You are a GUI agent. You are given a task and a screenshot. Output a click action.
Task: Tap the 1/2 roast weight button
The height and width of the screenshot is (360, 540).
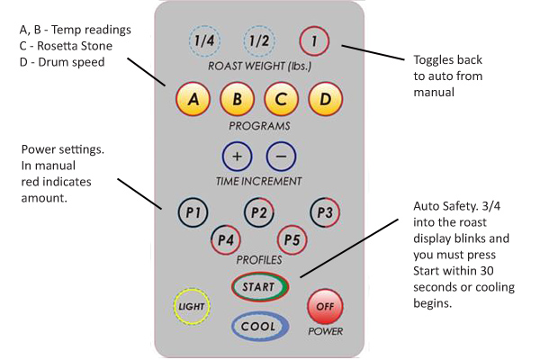pyautogui.click(x=259, y=41)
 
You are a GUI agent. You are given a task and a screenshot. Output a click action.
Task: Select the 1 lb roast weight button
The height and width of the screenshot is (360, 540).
pyautogui.click(x=314, y=41)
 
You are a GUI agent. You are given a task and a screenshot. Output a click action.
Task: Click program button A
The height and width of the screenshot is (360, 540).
pyautogui.click(x=193, y=99)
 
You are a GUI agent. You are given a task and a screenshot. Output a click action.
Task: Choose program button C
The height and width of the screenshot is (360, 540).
pyautogui.click(x=281, y=99)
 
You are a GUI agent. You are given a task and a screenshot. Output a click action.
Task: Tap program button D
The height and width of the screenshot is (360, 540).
pyautogui.click(x=326, y=99)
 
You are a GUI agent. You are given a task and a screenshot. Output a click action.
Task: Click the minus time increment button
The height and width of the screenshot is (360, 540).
pyautogui.click(x=281, y=157)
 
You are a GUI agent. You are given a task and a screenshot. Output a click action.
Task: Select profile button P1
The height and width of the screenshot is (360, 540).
pyautogui.click(x=193, y=212)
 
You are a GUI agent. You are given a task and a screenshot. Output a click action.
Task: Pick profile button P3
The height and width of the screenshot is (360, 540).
pyautogui.click(x=325, y=212)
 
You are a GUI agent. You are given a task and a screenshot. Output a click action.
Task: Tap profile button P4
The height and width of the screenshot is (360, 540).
pyautogui.click(x=226, y=239)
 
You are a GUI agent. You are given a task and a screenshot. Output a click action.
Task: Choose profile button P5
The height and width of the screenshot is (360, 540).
pyautogui.click(x=292, y=239)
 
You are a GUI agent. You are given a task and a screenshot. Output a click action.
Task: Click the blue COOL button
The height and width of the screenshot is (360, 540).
pyautogui.click(x=259, y=326)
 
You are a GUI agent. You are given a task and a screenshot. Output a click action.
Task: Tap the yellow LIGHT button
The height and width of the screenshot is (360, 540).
pyautogui.click(x=192, y=306)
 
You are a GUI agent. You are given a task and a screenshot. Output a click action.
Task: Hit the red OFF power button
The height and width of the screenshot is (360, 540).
pyautogui.click(x=325, y=306)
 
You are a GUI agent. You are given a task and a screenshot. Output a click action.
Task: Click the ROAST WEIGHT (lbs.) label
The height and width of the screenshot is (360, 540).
pyautogui.click(x=259, y=66)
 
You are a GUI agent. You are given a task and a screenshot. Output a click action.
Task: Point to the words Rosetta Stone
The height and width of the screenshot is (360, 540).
pyautogui.click(x=75, y=46)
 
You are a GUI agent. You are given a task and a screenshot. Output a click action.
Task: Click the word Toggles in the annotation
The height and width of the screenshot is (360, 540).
pyautogui.click(x=436, y=60)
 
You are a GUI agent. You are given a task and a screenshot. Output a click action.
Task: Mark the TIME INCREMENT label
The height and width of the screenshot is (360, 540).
pyautogui.click(x=258, y=181)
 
